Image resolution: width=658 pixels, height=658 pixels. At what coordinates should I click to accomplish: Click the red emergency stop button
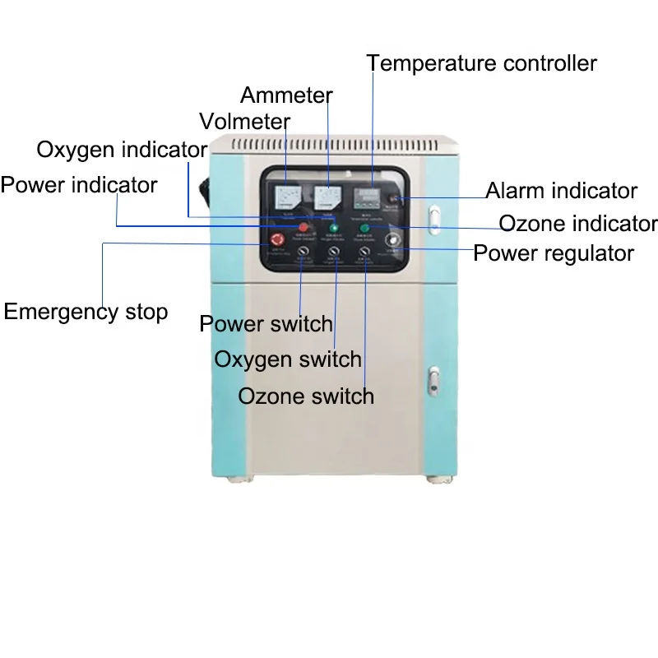point(276,241)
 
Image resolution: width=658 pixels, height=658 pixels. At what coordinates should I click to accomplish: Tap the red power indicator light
point(303,226)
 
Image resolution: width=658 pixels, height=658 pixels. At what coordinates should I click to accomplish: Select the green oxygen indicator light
point(334,227)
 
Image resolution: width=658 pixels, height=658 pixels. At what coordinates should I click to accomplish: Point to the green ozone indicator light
point(364,228)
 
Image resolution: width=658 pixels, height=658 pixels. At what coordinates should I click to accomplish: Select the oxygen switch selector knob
point(334,253)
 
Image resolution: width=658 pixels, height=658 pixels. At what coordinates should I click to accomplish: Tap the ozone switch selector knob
point(364,253)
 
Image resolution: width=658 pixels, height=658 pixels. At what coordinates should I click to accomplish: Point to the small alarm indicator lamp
point(397,198)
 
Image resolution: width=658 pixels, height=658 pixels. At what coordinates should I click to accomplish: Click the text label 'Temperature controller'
point(482,63)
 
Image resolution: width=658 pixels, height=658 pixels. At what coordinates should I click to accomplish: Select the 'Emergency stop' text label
point(86,312)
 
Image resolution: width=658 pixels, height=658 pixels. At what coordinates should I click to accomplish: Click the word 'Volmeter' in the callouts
point(245,123)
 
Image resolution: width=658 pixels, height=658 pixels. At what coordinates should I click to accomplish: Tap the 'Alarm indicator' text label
point(561,192)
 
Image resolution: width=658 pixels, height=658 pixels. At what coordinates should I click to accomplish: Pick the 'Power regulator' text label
point(554,253)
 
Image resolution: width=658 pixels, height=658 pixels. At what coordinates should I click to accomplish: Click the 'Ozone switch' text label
point(306,396)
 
